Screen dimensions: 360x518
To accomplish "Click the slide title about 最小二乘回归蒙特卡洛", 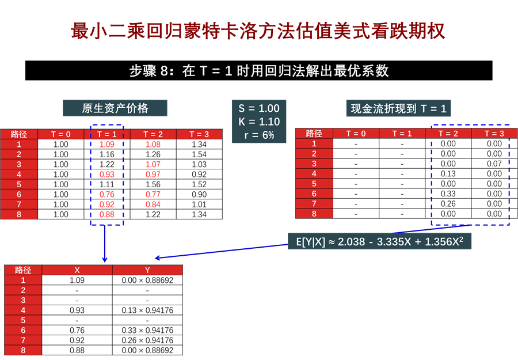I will pos(258,32).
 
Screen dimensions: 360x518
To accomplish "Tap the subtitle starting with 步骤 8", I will pos(259,71).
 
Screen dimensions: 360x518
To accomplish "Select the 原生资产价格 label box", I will pos(115,108).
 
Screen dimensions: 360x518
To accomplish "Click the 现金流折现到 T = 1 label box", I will pos(399,108).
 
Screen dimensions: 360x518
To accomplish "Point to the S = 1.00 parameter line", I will pos(259,108).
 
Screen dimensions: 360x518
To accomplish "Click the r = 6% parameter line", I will pos(259,135).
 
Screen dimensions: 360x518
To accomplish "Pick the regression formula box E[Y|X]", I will pos(380,242).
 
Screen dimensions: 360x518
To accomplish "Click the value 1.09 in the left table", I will pos(107,145).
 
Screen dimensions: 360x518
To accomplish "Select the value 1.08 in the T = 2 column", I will pos(153,145).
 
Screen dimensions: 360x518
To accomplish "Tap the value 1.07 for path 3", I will pos(153,165).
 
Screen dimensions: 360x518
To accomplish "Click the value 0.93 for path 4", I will pos(107,175).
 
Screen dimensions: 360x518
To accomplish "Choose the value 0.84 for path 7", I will pos(153,204).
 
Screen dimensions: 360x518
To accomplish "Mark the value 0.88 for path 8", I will pos(107,214).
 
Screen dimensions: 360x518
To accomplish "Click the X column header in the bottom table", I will pos(77,270).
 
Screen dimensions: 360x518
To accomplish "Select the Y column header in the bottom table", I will pos(147,270).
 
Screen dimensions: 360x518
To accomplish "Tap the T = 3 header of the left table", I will pos(199,134).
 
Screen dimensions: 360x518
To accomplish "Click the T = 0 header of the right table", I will pos(356,134).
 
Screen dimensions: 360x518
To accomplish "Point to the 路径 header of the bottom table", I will pos(23,270).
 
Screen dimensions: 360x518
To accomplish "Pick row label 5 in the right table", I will pos(314,184).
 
